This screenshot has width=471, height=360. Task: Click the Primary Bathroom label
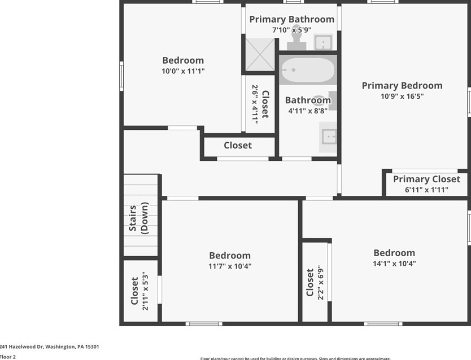coord(291,19)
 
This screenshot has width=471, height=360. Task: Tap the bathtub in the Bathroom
coord(307,70)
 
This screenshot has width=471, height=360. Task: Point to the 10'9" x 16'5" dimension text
coord(402,96)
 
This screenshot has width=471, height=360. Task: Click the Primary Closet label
coord(426,179)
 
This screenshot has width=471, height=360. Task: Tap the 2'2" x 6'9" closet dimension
coord(320,282)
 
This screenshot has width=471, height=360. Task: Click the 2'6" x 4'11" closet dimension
coord(255,104)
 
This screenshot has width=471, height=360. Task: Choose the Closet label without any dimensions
coord(238,146)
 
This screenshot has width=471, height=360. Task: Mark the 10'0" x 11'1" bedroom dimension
coord(183,71)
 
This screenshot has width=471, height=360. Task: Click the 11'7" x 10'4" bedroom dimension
coord(230,266)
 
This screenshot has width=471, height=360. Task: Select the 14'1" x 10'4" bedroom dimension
coord(394,264)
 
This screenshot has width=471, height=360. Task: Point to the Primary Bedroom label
coord(402,85)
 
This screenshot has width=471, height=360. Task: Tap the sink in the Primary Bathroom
coord(322,42)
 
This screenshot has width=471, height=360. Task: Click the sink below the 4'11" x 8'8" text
coord(328,137)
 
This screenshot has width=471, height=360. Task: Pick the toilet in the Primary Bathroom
coord(295,39)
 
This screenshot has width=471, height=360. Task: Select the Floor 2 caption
coord(8,357)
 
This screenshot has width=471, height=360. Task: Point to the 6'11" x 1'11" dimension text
coord(426,190)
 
